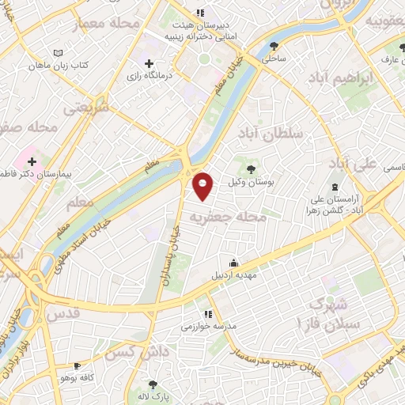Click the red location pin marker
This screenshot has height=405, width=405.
[203, 186]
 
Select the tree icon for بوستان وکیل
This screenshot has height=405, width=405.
[252, 168]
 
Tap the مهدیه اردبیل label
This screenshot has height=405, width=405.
[233, 277]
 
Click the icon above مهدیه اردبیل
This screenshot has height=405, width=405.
[233, 263]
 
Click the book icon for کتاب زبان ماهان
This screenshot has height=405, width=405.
[55, 53]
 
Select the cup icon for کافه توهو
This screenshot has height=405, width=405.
[76, 366]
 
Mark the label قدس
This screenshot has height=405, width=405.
[64, 314]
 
